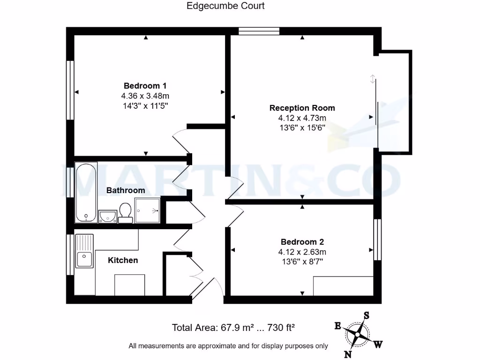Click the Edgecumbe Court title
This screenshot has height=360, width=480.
225,6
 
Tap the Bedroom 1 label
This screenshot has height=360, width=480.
145,86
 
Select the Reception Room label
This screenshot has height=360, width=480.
302,108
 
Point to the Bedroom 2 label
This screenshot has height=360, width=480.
302,242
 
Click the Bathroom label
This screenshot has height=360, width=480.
126,190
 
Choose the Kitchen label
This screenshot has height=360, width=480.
123,260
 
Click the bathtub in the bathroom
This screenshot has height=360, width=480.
86,192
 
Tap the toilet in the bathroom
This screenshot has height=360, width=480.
125,212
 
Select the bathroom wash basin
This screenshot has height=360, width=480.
108,216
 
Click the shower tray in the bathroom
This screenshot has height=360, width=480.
148,210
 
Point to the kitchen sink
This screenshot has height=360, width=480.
84,258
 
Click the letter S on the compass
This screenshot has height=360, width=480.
367,315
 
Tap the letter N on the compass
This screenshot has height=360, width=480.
348,354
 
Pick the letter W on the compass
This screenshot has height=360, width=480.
378,345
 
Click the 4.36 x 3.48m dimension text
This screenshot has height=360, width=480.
145,96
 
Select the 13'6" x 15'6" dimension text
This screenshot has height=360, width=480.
302,127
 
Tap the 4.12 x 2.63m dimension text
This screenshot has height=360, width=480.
302,252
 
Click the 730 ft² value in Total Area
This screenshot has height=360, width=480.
280,328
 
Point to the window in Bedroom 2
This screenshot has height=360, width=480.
376,239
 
